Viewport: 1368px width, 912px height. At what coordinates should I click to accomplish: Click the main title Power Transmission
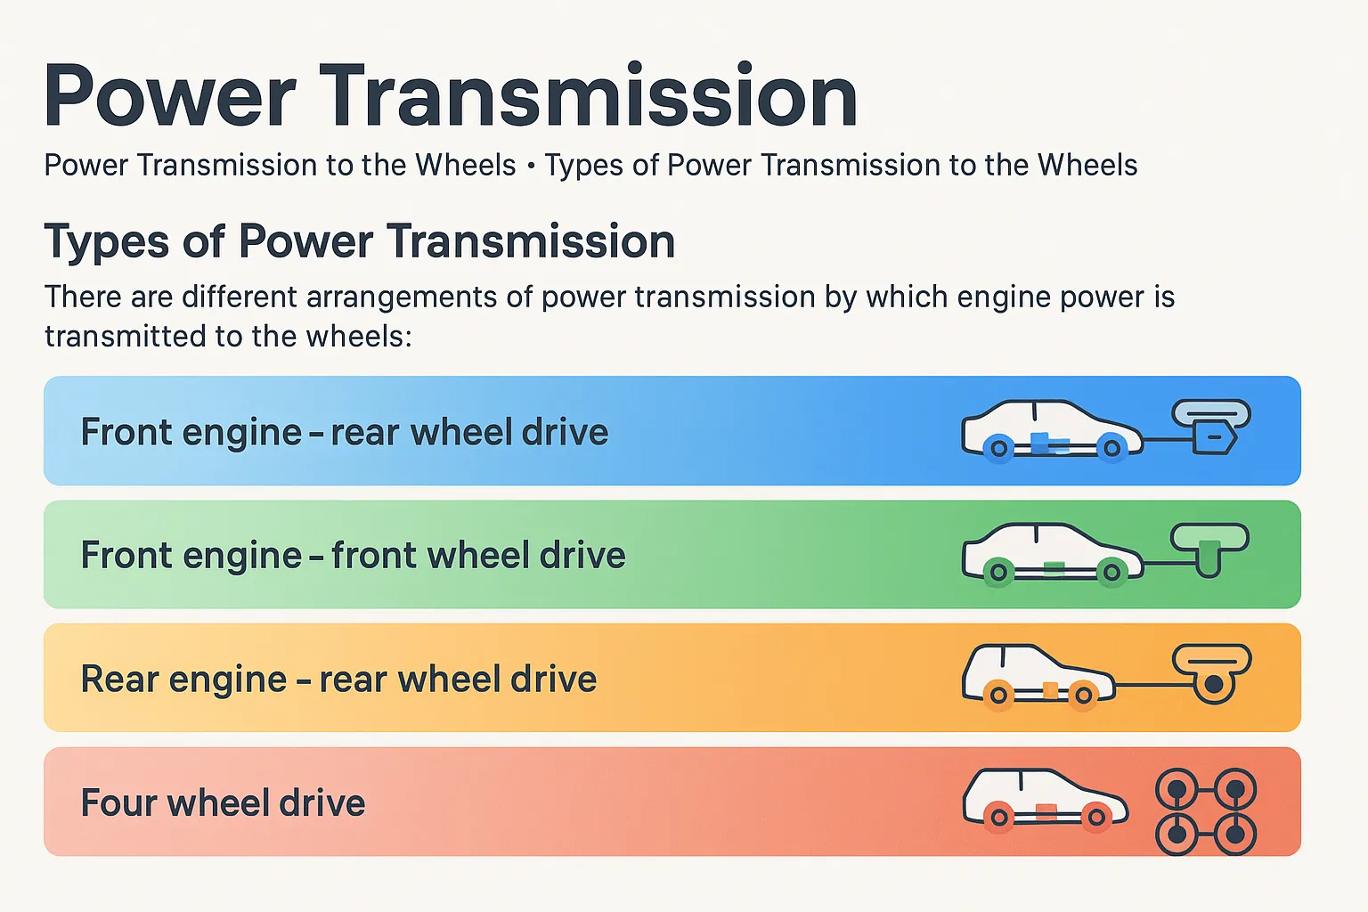tap(450, 96)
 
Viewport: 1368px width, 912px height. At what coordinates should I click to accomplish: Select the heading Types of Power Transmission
tap(360, 241)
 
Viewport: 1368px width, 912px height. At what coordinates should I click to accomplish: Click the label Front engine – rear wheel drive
tap(344, 433)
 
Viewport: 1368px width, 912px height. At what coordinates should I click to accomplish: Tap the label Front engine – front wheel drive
tap(353, 556)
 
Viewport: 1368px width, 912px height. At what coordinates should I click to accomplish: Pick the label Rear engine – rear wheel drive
tap(338, 680)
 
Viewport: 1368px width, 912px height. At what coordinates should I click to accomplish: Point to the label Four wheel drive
tap(223, 803)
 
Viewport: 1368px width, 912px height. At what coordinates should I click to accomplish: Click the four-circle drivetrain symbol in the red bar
tap(1205, 811)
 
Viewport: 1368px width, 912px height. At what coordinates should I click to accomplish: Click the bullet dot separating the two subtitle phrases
tap(531, 167)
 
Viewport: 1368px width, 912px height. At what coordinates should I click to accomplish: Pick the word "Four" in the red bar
tap(118, 803)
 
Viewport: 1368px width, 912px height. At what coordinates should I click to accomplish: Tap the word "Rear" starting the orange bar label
tap(119, 680)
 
